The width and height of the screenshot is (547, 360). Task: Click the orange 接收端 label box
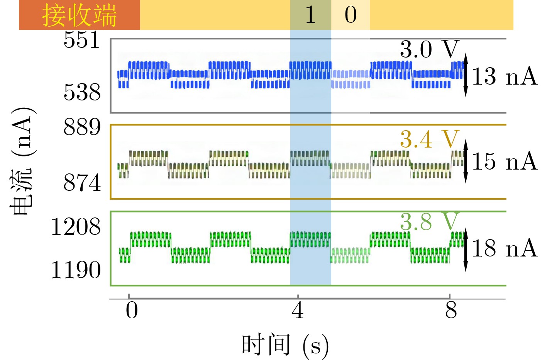(x=80, y=15)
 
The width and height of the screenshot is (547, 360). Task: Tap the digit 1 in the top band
(x=310, y=15)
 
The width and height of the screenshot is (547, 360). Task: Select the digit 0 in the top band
(x=351, y=15)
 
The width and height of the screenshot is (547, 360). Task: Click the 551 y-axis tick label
(x=82, y=40)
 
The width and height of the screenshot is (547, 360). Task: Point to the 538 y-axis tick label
(x=82, y=92)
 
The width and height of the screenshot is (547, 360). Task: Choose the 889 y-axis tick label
(x=82, y=127)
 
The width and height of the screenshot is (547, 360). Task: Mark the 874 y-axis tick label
(x=82, y=183)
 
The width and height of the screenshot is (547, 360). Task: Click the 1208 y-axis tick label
(x=76, y=227)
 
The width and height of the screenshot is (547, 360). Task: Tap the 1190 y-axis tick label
(x=76, y=270)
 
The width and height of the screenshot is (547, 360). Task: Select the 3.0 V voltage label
(x=430, y=49)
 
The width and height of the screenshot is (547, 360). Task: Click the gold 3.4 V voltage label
(x=430, y=139)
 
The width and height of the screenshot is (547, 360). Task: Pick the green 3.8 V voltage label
(x=430, y=221)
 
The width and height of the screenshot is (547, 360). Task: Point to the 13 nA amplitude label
(x=505, y=76)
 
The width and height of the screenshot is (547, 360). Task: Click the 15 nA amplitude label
(x=505, y=161)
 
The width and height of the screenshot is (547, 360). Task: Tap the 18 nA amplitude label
(x=505, y=248)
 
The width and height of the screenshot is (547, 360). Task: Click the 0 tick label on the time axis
(x=132, y=310)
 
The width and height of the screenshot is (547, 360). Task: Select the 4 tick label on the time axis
(x=298, y=310)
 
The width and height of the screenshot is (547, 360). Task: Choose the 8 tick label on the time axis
(x=451, y=310)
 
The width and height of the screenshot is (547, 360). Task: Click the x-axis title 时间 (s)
(x=285, y=345)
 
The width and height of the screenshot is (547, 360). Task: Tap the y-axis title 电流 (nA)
(x=22, y=161)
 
